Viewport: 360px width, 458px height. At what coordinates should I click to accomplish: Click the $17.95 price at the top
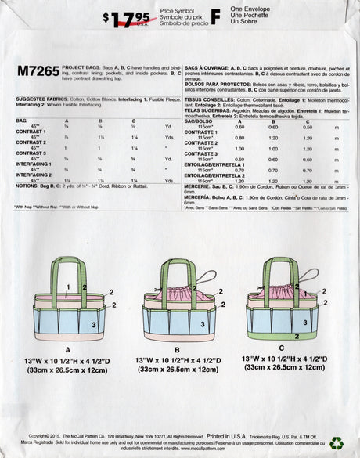124,17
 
